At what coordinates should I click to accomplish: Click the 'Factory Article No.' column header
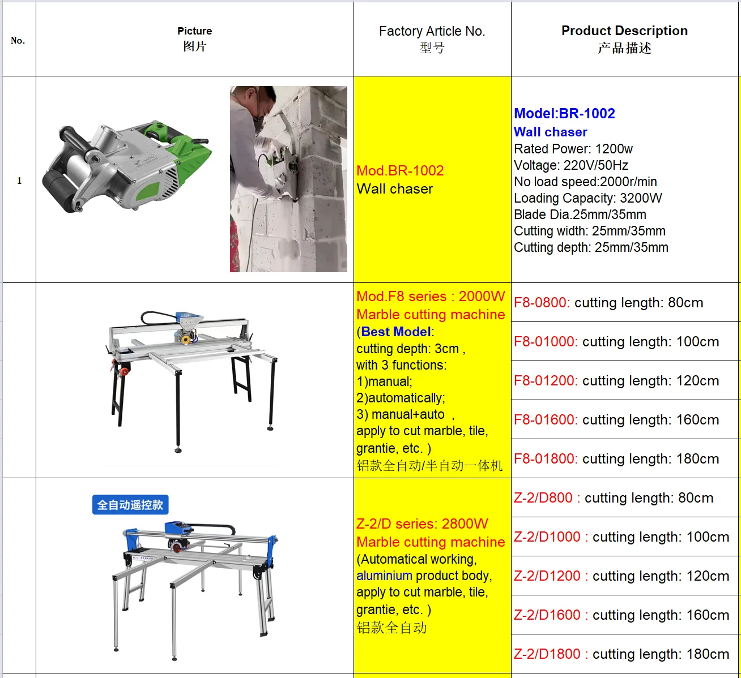(x=432, y=32)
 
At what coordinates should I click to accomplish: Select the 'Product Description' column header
(x=624, y=31)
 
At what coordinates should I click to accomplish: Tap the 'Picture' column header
(x=194, y=31)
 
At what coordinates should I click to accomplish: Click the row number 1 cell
(x=19, y=181)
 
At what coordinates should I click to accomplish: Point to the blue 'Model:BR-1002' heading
(x=564, y=113)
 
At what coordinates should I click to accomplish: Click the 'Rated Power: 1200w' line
(x=573, y=149)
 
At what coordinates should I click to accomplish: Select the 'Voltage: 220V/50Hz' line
(x=570, y=165)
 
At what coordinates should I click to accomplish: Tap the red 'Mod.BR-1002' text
(x=400, y=171)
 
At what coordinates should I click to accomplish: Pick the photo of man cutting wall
(x=288, y=179)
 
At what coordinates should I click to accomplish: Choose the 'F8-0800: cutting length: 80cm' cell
(x=608, y=303)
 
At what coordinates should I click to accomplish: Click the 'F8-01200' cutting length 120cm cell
(x=616, y=381)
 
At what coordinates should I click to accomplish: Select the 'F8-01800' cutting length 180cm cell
(x=616, y=459)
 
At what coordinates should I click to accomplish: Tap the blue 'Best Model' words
(x=395, y=332)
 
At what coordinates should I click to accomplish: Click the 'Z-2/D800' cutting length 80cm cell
(x=614, y=498)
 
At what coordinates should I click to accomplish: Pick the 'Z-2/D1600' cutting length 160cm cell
(x=621, y=615)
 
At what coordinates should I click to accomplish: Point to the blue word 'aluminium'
(x=384, y=576)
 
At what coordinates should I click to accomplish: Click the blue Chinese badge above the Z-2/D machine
(x=130, y=505)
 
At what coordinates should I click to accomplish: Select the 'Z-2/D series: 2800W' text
(x=422, y=524)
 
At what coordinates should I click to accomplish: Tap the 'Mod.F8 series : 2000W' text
(x=431, y=297)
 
